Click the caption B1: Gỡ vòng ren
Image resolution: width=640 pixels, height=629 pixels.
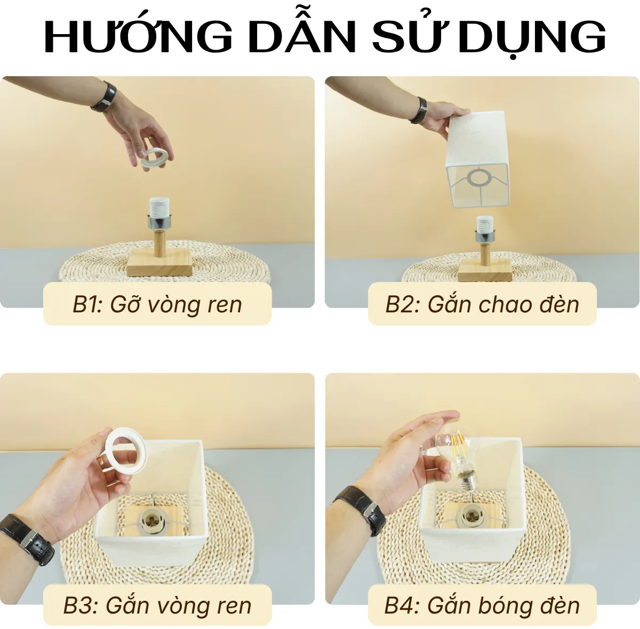(157, 304)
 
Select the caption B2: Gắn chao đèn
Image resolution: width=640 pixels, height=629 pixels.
(482, 304)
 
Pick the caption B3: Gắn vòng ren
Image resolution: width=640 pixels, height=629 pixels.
(157, 606)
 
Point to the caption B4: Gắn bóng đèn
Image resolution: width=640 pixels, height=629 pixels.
(482, 606)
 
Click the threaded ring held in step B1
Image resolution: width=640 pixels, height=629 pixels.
(155, 158)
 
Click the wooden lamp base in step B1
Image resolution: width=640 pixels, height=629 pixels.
(159, 264)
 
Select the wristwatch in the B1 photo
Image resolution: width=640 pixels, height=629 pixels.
(105, 97)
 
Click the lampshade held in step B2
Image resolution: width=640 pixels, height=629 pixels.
(477, 160)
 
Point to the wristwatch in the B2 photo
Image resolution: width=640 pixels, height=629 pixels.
(420, 110)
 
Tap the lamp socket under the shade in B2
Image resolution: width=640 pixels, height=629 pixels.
(483, 225)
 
